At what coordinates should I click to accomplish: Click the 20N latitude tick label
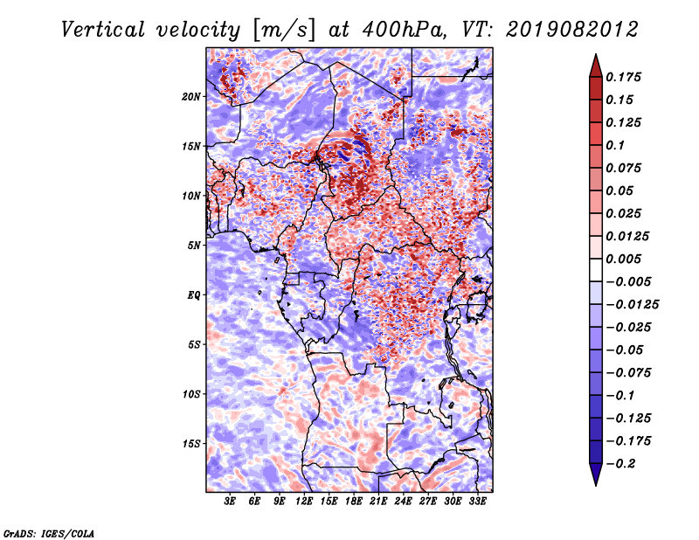[x=191, y=97]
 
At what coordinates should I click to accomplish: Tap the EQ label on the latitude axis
[x=194, y=295]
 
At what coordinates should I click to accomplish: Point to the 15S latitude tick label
[x=191, y=444]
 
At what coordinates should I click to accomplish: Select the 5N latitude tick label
[x=194, y=246]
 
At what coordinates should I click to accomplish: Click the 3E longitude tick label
[x=230, y=502]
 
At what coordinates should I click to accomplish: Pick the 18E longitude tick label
[x=354, y=502]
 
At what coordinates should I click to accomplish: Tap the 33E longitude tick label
[x=477, y=502]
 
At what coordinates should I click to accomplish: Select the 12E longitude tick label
[x=304, y=502]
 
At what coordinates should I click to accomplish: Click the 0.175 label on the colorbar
[x=623, y=77]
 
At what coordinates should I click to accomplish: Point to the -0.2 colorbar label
[x=620, y=464]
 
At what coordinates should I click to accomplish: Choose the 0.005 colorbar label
[x=623, y=259]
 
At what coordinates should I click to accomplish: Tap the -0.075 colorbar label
[x=628, y=373]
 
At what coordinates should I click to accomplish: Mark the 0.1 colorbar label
[x=615, y=145]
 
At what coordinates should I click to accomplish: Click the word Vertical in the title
[x=102, y=30]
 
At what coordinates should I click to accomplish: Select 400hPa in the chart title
[x=404, y=30]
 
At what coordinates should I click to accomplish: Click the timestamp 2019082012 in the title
[x=572, y=30]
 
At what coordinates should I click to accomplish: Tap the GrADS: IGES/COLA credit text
[x=49, y=534]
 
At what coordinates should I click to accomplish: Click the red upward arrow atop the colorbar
[x=596, y=66]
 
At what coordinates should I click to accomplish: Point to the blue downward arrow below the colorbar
[x=596, y=474]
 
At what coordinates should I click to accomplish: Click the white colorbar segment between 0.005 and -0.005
[x=596, y=270]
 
